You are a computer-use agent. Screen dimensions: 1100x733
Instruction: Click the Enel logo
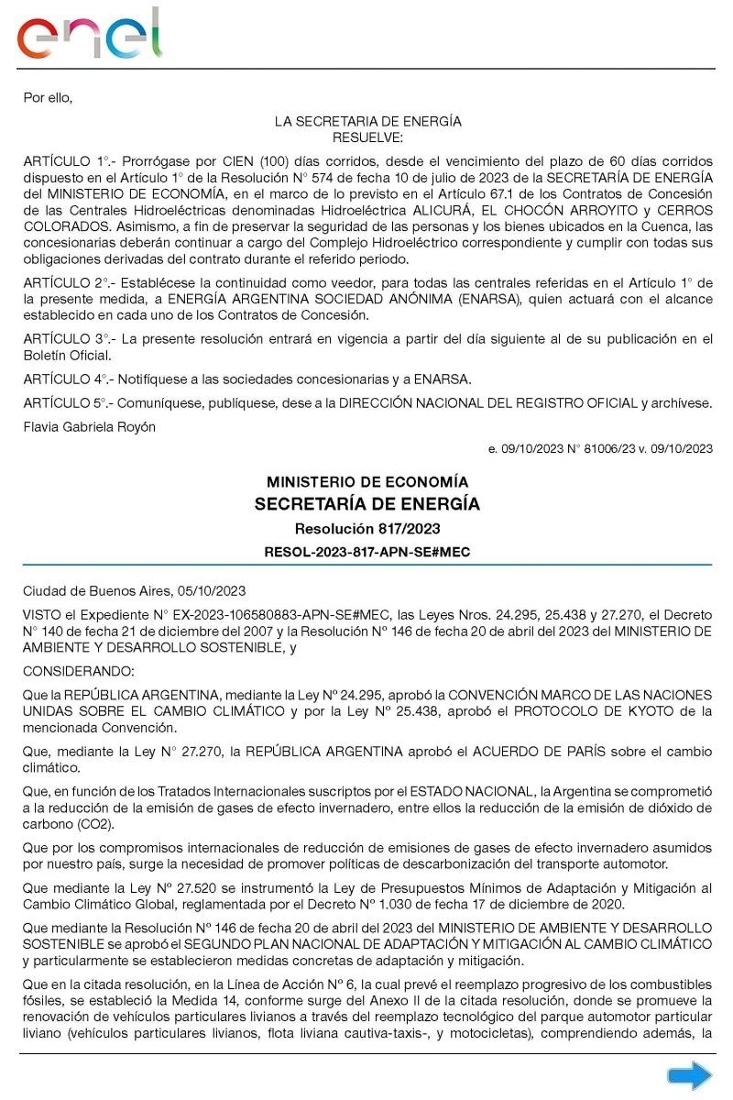tap(89, 35)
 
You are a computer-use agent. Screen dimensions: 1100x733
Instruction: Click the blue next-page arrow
tap(689, 1074)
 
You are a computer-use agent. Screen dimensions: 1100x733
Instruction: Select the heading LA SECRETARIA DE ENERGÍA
tap(367, 121)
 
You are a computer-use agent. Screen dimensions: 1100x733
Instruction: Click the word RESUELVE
tap(366, 137)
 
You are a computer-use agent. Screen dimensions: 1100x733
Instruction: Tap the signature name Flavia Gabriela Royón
tap(89, 426)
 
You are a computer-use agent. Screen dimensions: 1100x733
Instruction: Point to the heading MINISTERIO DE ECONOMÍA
tap(366, 482)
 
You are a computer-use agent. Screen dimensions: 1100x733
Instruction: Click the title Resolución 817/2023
tap(366, 529)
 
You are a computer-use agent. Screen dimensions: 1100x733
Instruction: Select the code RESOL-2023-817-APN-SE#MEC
tap(366, 551)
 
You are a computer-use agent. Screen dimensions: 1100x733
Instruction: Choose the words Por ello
tap(47, 97)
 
